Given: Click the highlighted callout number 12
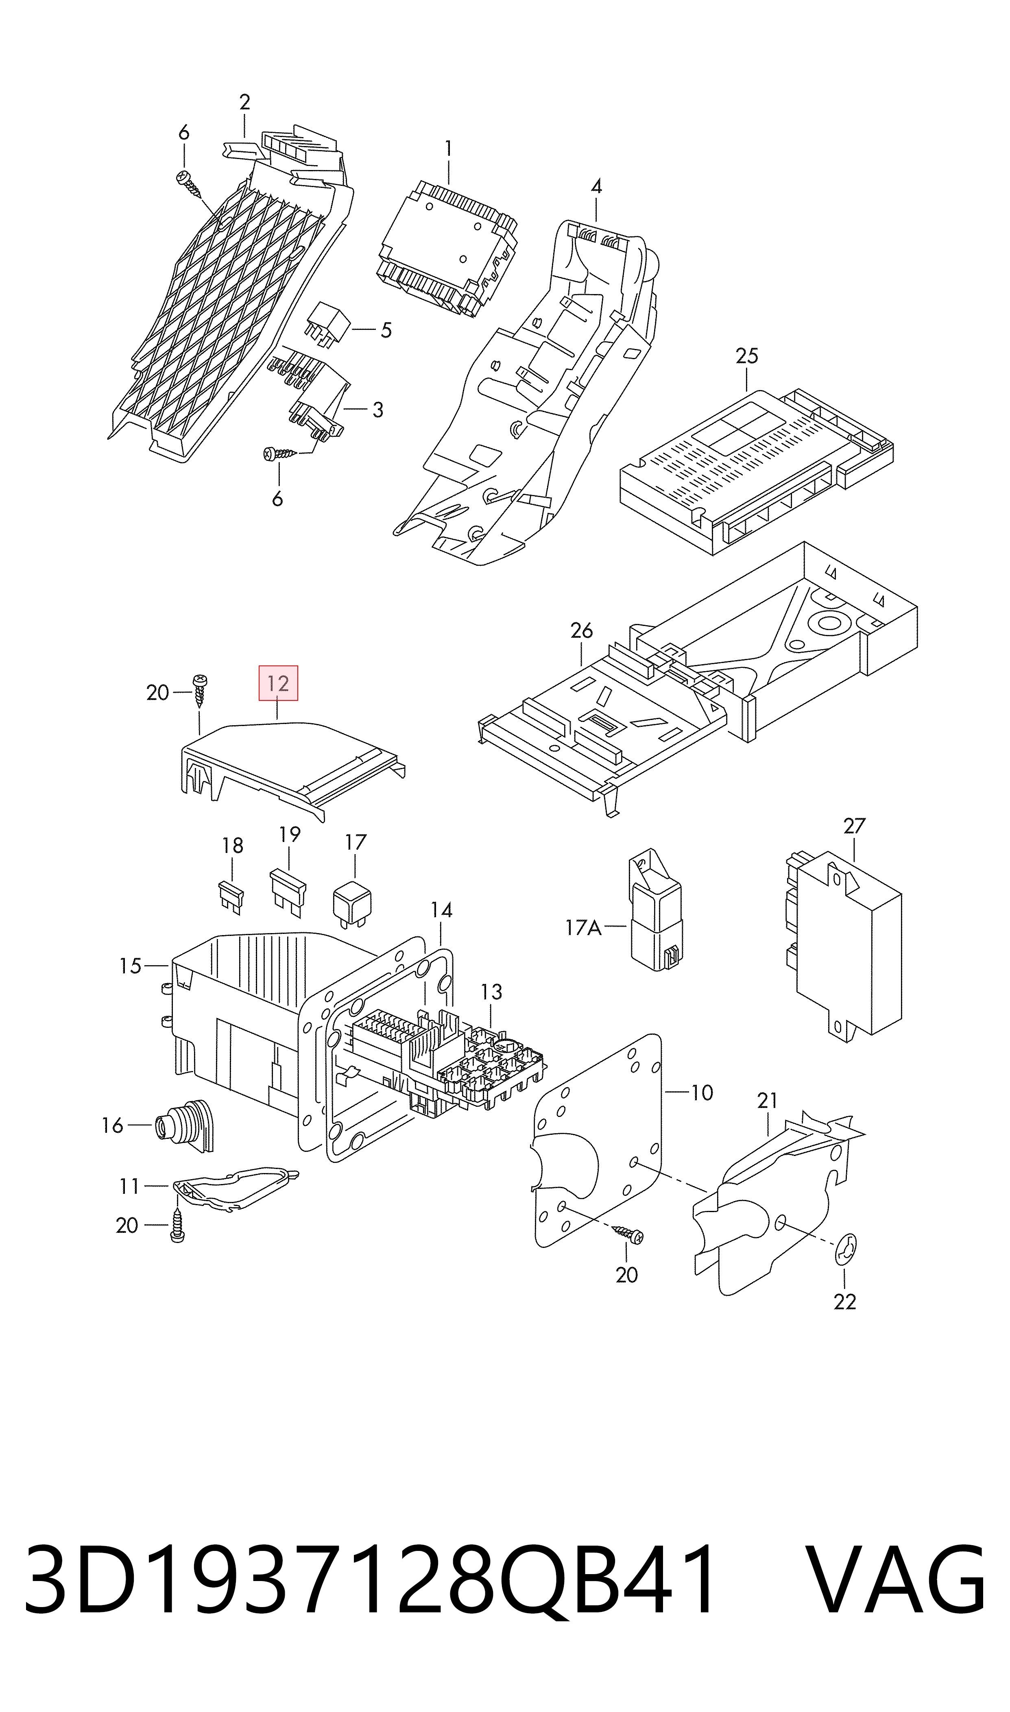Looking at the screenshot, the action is (278, 683).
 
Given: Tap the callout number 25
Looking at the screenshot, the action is (746, 356).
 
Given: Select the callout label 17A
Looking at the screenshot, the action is (583, 927).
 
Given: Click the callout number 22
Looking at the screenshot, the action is (844, 1302).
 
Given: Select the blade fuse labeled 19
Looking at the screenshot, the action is (288, 891).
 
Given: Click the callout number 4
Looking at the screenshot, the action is (596, 186).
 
